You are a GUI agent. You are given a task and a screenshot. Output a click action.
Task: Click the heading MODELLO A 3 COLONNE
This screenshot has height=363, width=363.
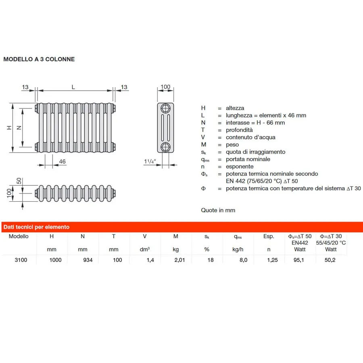pyautogui.click(x=39, y=59)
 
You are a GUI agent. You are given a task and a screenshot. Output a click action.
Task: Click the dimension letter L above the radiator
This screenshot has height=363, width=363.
pyautogui.click(x=73, y=87)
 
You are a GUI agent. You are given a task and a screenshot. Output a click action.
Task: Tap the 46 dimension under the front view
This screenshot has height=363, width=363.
pyautogui.click(x=62, y=162)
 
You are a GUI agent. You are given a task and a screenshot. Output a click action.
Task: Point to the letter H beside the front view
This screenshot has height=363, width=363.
pyautogui.click(x=9, y=128)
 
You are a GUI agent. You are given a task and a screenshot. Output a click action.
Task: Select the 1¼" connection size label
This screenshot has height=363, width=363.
pyautogui.click(x=150, y=162)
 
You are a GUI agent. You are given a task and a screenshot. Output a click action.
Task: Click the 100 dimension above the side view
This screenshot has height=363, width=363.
pyautogui.click(x=165, y=87)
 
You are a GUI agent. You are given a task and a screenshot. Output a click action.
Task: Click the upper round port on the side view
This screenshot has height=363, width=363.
pyautogui.click(x=165, y=108)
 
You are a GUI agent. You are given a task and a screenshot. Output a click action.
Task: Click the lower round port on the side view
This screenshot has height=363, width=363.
pyautogui.click(x=165, y=146)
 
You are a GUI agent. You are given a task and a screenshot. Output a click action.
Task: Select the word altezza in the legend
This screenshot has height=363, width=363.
pyautogui.click(x=235, y=108)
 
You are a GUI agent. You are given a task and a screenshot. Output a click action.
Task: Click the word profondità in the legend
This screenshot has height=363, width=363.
pyautogui.click(x=239, y=130)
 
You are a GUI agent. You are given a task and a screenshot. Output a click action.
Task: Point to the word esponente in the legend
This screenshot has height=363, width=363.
pyautogui.click(x=240, y=167)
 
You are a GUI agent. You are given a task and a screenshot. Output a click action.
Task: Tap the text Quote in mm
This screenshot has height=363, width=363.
pyautogui.click(x=218, y=210)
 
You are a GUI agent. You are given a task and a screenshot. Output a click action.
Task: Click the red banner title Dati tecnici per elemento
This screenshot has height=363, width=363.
pyautogui.click(x=37, y=227)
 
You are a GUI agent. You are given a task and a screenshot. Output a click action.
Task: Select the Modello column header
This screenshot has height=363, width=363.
pyautogui.click(x=19, y=237)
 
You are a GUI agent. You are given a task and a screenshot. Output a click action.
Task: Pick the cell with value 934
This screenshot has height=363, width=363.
pyautogui.click(x=88, y=260)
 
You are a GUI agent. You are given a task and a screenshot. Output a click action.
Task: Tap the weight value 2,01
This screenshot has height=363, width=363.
pyautogui.click(x=179, y=260)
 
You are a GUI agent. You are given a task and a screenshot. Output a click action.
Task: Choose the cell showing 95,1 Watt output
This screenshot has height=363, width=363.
pyautogui.click(x=300, y=260)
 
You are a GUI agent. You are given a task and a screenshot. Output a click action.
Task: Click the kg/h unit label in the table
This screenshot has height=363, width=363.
pyautogui.click(x=238, y=250)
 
